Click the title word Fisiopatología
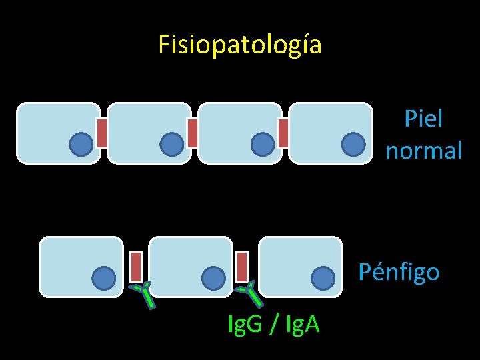[x=240, y=45]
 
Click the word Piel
[x=423, y=119]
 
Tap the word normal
[x=423, y=151]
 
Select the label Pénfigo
[x=399, y=272]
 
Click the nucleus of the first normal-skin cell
[x=81, y=143]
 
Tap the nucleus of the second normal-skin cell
[x=171, y=143]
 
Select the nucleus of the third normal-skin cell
[x=262, y=143]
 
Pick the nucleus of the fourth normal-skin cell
[x=353, y=143]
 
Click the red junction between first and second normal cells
[x=102, y=133]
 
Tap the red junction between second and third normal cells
[x=192, y=133]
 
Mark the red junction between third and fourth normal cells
[x=283, y=133]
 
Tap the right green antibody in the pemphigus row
[x=249, y=294]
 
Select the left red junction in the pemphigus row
[x=135, y=266]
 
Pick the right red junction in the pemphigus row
[x=242, y=266]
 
